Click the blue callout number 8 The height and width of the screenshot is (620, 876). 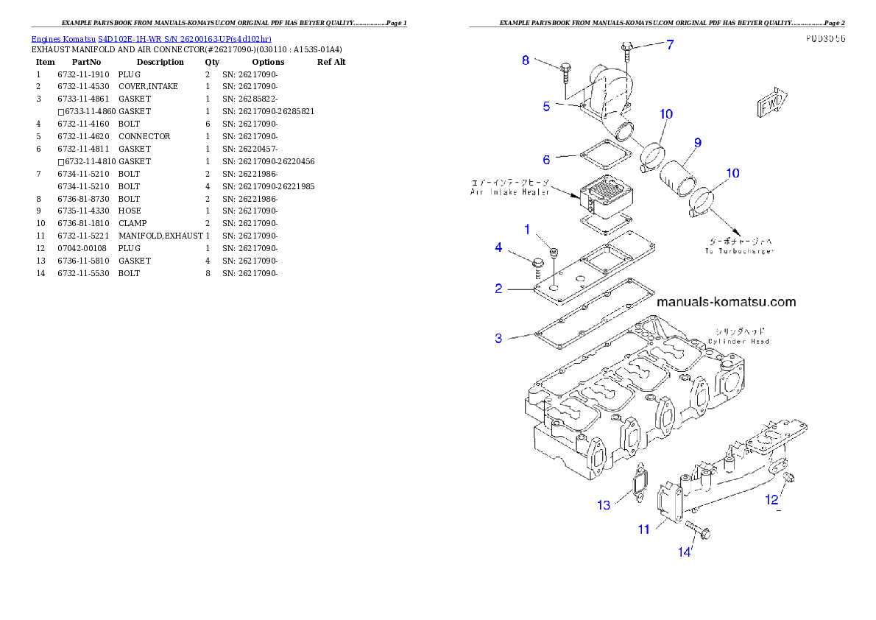coord(526,60)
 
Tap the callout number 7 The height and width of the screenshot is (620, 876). coord(670,45)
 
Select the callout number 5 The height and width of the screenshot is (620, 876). coord(546,107)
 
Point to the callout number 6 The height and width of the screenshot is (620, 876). coord(546,160)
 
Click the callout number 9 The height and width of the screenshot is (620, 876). coord(697,142)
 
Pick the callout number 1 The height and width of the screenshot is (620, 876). coord(527,230)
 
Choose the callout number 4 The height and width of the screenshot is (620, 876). coord(498,247)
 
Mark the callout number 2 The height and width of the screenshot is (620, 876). coord(498,289)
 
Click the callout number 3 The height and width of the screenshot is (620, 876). coord(498,339)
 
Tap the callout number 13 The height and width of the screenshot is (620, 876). coord(604,505)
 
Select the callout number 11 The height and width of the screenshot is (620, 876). coord(643,529)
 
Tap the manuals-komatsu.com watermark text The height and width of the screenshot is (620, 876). coord(726,302)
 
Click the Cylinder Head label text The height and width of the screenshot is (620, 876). coord(738,341)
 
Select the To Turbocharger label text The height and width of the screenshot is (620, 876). coord(738,251)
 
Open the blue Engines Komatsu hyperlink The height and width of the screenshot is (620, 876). coord(151,38)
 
